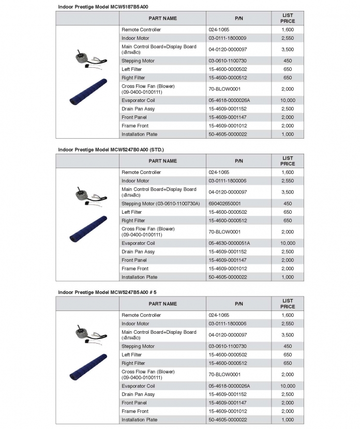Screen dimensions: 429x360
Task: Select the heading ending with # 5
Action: tap(107, 292)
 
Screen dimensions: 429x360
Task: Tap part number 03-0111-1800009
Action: tap(228, 38)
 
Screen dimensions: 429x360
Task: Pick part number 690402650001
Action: tap(224, 203)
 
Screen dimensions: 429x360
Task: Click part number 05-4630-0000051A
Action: tap(229, 243)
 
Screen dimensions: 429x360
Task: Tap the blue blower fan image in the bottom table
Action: tap(88, 366)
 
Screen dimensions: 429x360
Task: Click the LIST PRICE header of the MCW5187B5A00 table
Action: tap(288, 18)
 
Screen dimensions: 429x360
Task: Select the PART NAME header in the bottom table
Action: tap(163, 304)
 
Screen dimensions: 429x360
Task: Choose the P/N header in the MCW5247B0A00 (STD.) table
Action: tap(239, 161)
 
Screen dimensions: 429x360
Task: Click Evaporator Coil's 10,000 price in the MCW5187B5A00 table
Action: tap(288, 100)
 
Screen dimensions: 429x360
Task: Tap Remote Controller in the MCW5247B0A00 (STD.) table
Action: tap(141, 172)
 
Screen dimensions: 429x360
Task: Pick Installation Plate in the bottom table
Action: tap(139, 420)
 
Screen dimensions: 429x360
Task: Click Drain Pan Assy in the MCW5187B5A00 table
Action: tap(138, 109)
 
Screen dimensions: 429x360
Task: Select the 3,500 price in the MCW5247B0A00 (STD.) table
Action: tap(288, 192)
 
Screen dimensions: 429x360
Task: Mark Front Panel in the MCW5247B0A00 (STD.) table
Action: tap(134, 260)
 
